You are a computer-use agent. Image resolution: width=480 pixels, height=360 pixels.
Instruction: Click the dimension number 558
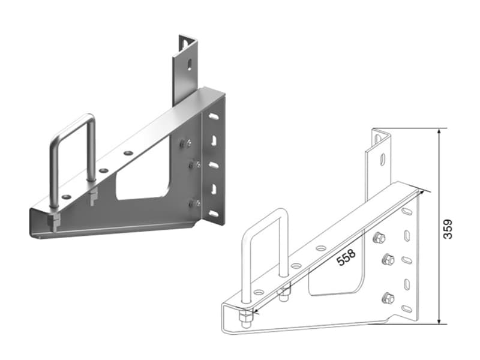[346, 257]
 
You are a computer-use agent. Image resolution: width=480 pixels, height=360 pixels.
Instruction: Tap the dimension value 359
[448, 229]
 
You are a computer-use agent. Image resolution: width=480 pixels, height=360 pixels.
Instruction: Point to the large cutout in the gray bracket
[143, 183]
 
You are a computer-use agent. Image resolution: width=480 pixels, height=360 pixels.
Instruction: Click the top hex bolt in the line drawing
[379, 238]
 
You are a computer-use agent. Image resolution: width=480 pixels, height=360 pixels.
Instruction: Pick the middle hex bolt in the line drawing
[388, 260]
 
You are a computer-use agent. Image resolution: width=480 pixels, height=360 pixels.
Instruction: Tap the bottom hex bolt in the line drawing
[388, 298]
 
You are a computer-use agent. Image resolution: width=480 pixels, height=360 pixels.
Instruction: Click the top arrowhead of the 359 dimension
[439, 131]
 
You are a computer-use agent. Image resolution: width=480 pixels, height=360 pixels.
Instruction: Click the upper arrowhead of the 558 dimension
[423, 191]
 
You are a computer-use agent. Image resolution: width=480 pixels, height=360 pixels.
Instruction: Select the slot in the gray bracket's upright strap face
[190, 64]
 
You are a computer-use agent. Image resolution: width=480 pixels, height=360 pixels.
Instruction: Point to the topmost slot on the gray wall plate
[213, 116]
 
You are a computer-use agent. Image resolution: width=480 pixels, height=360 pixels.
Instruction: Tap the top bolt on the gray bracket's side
[185, 143]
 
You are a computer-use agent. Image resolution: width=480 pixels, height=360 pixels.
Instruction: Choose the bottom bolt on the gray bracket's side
[194, 203]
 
